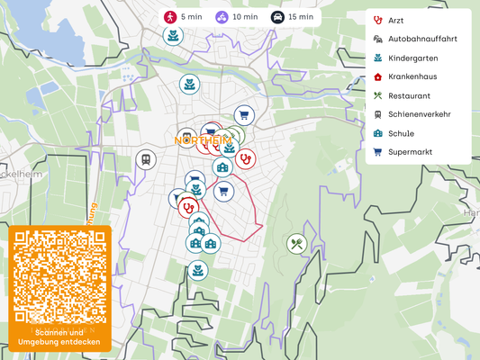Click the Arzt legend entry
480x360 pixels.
tap(395, 20)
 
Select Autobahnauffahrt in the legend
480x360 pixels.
tap(421, 39)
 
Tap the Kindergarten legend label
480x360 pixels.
tap(412, 58)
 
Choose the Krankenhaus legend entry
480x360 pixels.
tap(412, 76)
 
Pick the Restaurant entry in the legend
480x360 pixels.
tap(409, 95)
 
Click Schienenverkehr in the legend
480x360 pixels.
tap(419, 114)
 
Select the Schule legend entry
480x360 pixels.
tap(401, 133)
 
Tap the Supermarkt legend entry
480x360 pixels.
tap(410, 152)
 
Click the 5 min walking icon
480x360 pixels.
tap(169, 16)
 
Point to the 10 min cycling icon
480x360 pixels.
tap(222, 16)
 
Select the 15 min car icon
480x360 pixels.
tap(278, 16)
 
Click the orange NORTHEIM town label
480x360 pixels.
tap(202, 140)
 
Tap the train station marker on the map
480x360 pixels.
tap(145, 159)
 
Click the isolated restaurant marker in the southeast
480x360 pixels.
tap(296, 243)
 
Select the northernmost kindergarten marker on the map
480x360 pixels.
tap(172, 35)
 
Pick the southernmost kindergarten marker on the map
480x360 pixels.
tap(197, 269)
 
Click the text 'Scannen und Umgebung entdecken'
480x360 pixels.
tap(60, 337)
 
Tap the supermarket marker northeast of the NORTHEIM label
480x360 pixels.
tap(243, 114)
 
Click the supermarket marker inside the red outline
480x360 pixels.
tap(224, 191)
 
